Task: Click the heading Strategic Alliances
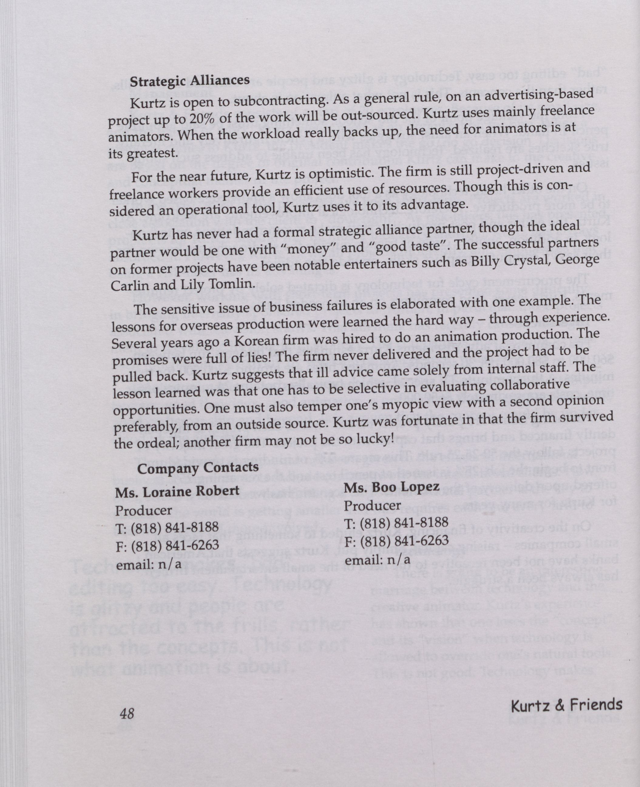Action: pyautogui.click(x=190, y=81)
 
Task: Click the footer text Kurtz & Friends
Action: pyautogui.click(x=566, y=705)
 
